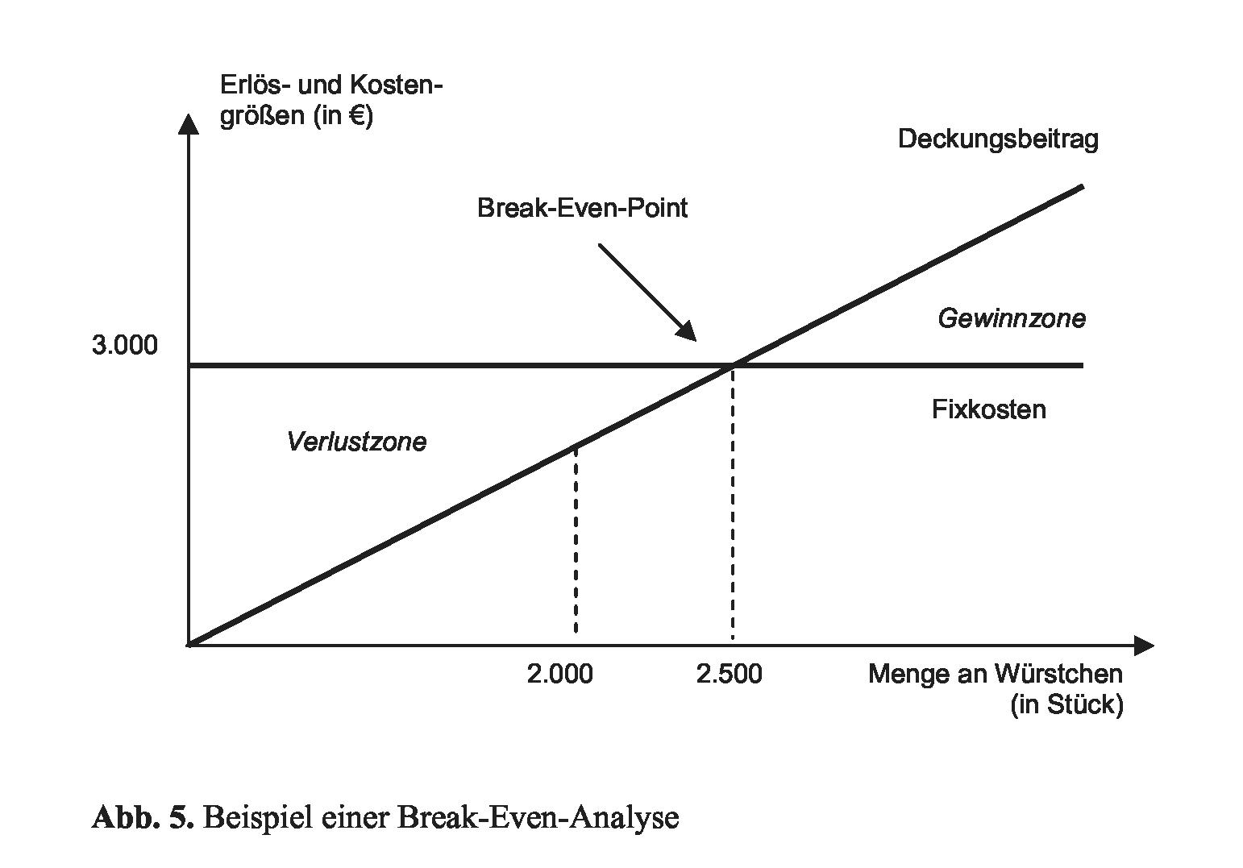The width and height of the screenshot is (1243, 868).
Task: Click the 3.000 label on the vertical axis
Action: [125, 346]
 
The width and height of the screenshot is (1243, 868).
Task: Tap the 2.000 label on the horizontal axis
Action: [560, 675]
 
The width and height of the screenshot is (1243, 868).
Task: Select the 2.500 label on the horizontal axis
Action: [730, 675]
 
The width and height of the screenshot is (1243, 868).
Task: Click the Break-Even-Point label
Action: [582, 209]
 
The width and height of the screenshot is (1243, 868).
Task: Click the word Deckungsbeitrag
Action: [998, 139]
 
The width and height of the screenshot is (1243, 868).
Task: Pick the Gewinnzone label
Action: [1012, 319]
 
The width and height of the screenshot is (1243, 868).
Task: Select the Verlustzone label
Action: [357, 442]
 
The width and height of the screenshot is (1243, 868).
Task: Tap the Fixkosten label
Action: [989, 410]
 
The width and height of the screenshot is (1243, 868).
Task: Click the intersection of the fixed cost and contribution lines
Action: [734, 366]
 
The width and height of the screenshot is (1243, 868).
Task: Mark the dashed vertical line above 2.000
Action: [576, 538]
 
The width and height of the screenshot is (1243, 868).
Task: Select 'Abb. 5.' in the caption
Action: [143, 818]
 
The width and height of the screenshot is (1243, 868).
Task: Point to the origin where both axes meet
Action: [189, 646]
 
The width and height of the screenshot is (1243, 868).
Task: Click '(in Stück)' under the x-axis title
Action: [1066, 705]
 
